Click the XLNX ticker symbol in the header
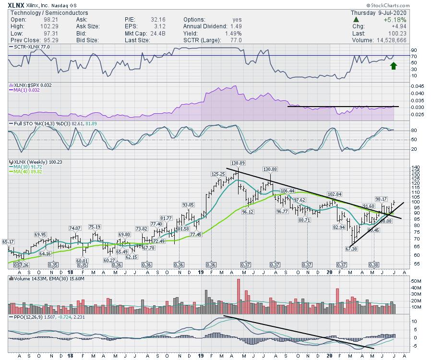pyautogui.click(x=16, y=5)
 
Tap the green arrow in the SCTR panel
pyautogui.click(x=394, y=65)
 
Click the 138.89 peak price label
pyautogui.click(x=238, y=164)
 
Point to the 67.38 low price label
pyautogui.click(x=351, y=248)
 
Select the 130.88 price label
pyautogui.click(x=270, y=169)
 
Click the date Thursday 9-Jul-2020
pyautogui.click(x=395, y=12)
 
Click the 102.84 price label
pyautogui.click(x=335, y=194)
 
